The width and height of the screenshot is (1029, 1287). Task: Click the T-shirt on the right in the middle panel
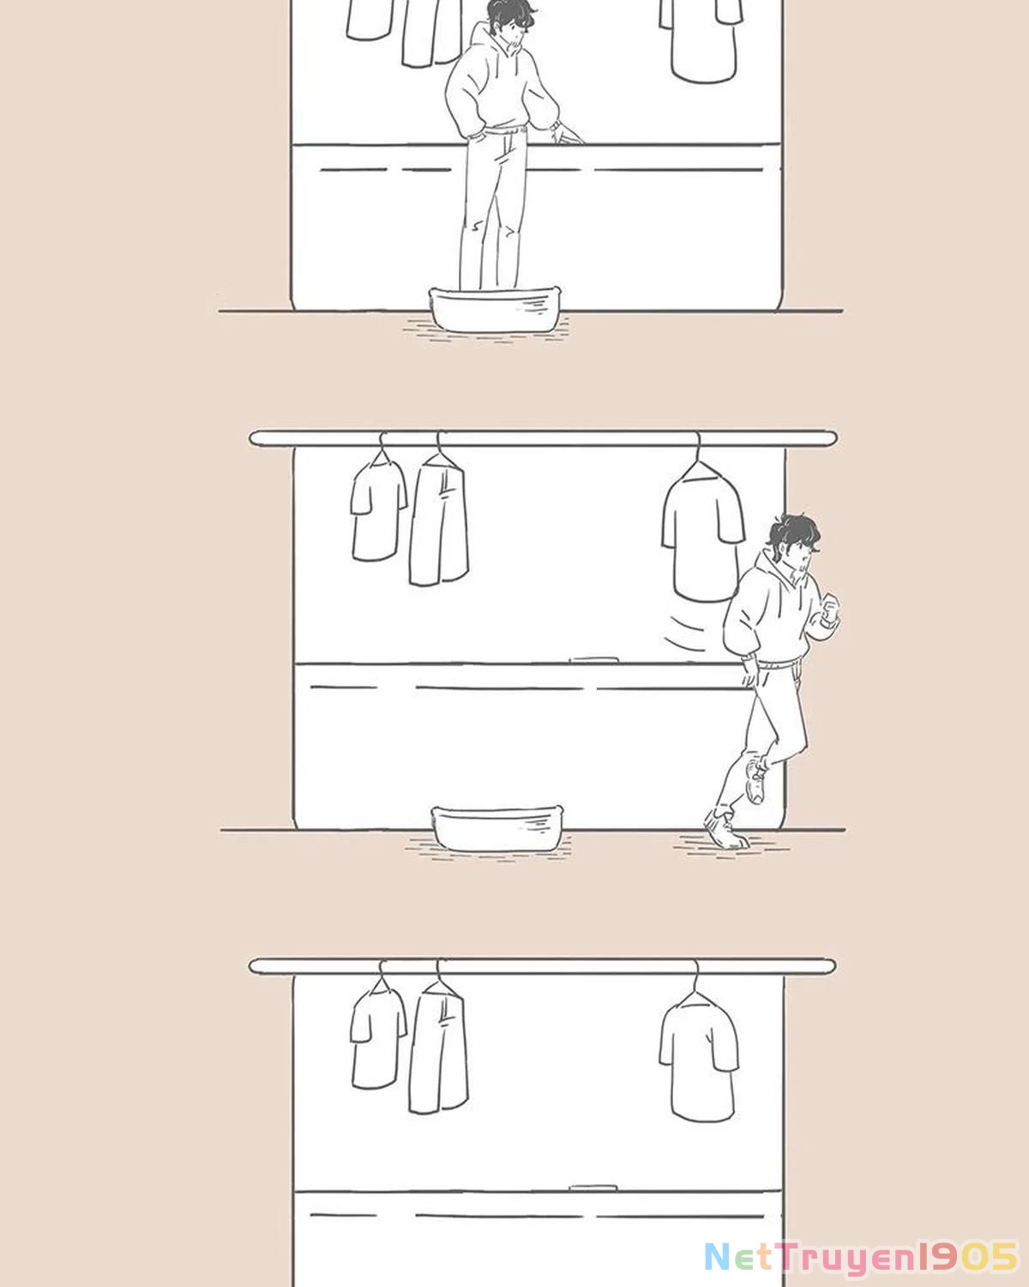click(x=701, y=536)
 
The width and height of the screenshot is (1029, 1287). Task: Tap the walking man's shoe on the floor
click(x=725, y=831)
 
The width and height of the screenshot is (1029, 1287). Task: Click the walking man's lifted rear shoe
click(x=755, y=780)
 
